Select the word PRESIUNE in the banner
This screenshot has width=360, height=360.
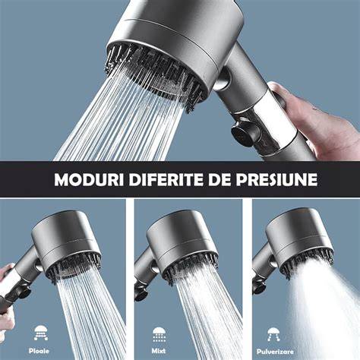pyautogui.click(x=276, y=179)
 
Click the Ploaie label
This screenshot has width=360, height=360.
pyautogui.click(x=39, y=351)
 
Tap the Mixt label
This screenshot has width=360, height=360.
pyautogui.click(x=159, y=351)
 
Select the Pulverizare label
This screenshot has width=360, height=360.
pyautogui.click(x=275, y=352)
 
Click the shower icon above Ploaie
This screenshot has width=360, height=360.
pyautogui.click(x=41, y=333)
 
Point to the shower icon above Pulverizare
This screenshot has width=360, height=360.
pyautogui.click(x=273, y=334)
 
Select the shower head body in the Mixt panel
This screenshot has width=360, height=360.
pyautogui.click(x=180, y=238)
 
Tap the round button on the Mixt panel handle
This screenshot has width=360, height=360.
pyautogui.click(x=141, y=294)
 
